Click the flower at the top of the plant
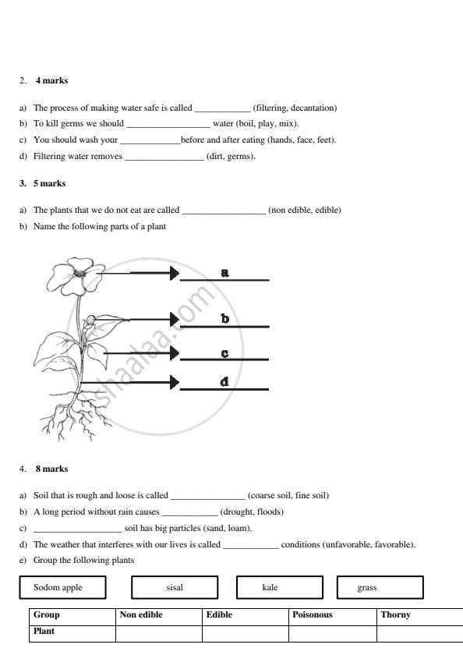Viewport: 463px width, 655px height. pos(76,274)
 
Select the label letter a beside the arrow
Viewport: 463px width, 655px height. pos(224,272)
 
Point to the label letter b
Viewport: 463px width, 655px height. pos(224,318)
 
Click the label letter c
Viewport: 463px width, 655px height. pos(224,352)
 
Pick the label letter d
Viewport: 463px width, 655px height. pos(224,381)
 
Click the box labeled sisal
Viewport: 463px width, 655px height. pos(175,587)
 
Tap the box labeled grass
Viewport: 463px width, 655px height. pos(380,587)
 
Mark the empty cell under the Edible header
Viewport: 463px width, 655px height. pos(245,633)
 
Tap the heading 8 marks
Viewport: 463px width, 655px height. pos(51,469)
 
